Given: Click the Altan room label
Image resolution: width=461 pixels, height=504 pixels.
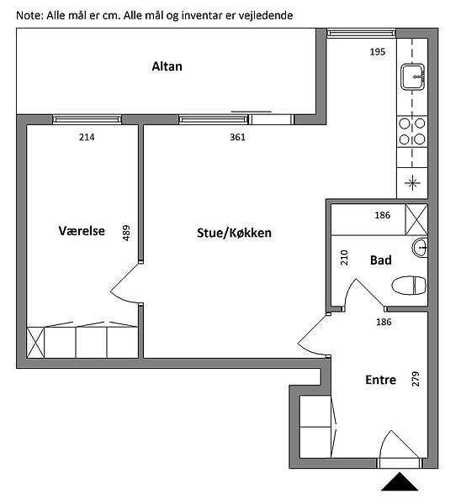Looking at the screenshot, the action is pyautogui.click(x=167, y=66).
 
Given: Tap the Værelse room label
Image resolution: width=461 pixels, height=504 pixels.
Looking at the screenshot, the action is pyautogui.click(x=82, y=230).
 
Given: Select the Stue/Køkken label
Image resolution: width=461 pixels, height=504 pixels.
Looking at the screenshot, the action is pyautogui.click(x=234, y=233).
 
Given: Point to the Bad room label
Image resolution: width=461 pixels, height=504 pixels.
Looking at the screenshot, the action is pyautogui.click(x=381, y=260).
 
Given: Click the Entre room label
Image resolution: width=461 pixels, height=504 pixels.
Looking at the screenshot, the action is pyautogui.click(x=380, y=380).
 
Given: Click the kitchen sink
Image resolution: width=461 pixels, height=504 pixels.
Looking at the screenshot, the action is pyautogui.click(x=412, y=76).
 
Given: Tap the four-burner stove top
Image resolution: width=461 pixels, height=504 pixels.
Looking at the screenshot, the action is pyautogui.click(x=412, y=132).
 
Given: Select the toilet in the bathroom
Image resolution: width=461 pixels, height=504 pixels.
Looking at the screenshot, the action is pyautogui.click(x=409, y=285).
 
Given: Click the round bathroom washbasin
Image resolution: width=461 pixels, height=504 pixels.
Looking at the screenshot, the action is pyautogui.click(x=420, y=247).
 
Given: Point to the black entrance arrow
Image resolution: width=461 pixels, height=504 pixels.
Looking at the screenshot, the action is pyautogui.click(x=400, y=481).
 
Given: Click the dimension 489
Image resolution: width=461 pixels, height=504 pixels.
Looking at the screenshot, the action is pyautogui.click(x=126, y=233).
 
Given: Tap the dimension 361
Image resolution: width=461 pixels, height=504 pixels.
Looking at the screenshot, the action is pyautogui.click(x=237, y=137).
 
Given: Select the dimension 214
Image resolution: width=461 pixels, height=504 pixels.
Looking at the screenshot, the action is pyautogui.click(x=87, y=137).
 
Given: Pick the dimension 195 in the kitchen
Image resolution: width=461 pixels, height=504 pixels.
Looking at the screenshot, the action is pyautogui.click(x=378, y=52).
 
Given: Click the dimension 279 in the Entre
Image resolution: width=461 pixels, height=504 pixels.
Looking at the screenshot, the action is pyautogui.click(x=416, y=379).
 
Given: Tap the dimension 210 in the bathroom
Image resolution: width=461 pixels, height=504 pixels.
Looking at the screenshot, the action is pyautogui.click(x=344, y=257).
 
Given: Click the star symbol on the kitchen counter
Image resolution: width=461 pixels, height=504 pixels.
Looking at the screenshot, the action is pyautogui.click(x=412, y=183).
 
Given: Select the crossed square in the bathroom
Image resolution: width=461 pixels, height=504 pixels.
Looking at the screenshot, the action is pyautogui.click(x=416, y=219).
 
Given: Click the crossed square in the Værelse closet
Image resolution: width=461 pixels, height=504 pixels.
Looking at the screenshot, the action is pyautogui.click(x=35, y=343).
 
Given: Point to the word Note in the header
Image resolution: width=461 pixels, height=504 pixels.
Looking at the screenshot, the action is pyautogui.click(x=29, y=15).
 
